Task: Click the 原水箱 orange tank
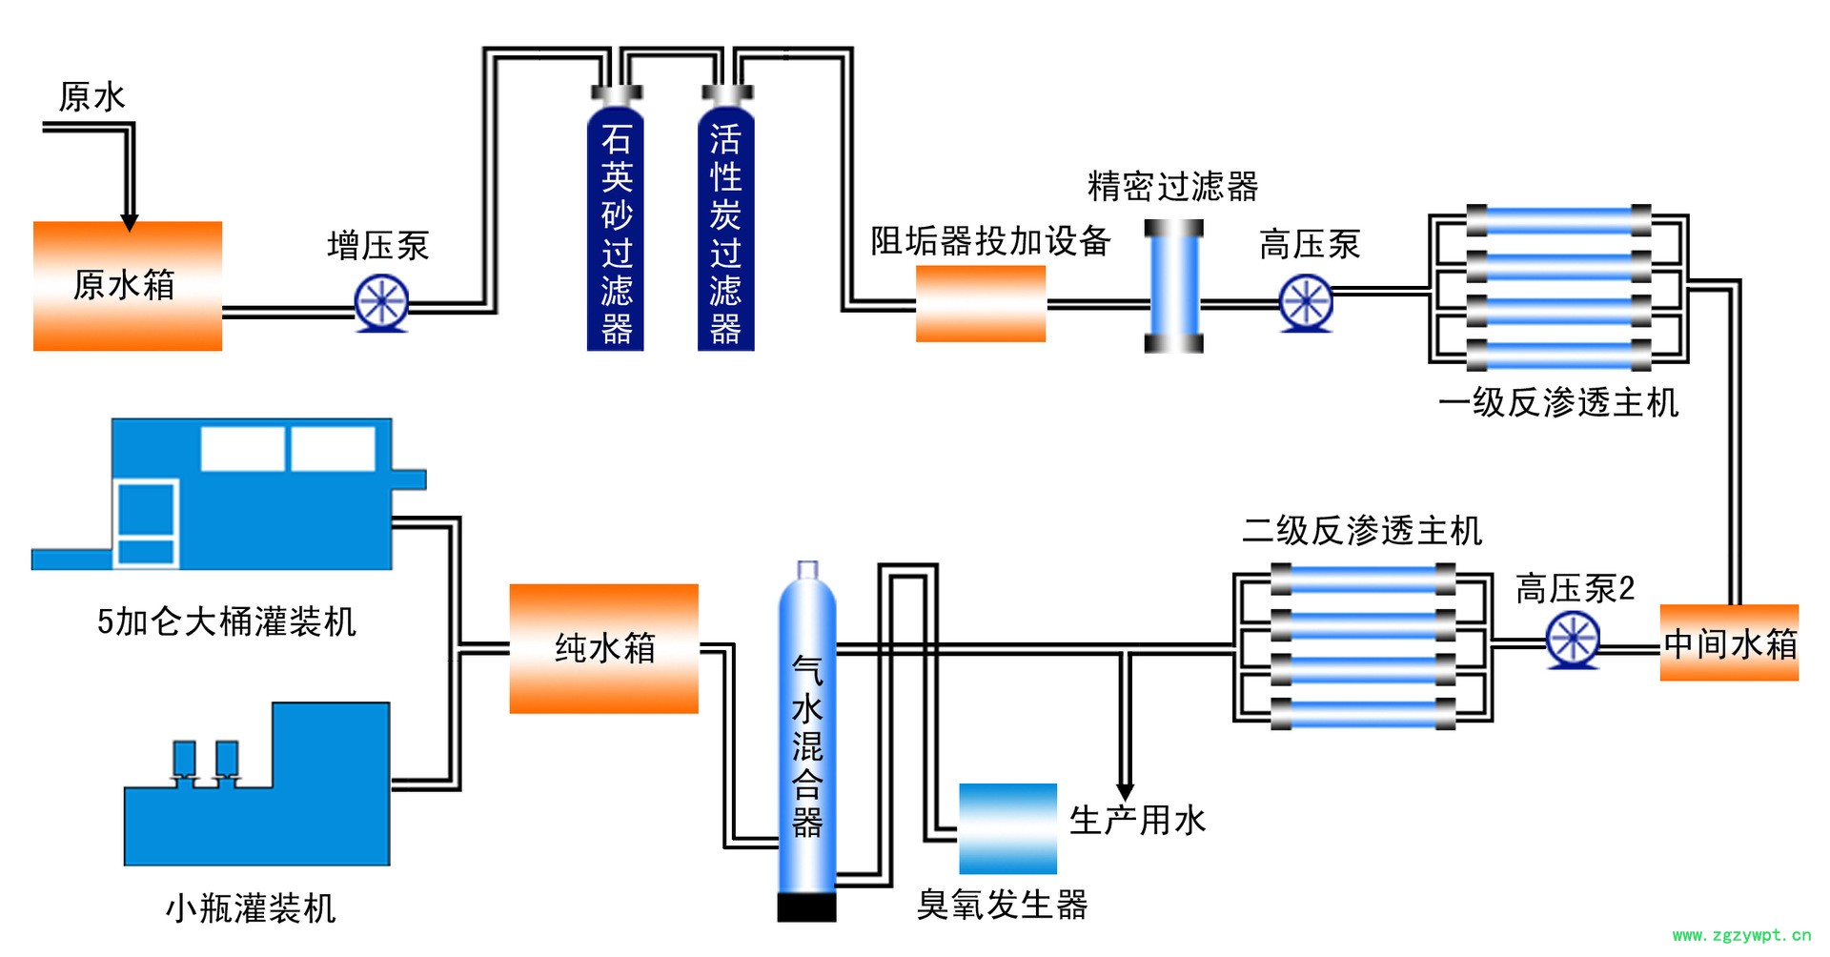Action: point(127,286)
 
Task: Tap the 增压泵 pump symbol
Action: point(381,303)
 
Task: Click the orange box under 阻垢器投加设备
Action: point(980,303)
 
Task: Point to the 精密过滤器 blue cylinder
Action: point(1173,286)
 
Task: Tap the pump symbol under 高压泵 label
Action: point(1305,303)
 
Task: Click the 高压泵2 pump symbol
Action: point(1572,641)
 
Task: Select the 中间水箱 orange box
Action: point(1728,642)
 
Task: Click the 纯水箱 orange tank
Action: point(603,648)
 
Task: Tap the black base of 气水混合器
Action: point(806,906)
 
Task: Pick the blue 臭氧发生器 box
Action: point(1007,828)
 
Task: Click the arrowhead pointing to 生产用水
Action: point(1125,792)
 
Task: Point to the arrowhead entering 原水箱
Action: point(130,222)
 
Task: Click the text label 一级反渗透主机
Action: point(1557,403)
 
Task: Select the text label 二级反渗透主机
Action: point(1362,531)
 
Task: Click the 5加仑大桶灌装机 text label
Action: point(227,621)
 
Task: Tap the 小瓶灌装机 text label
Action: point(251,907)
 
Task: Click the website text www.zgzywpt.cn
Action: point(1741,935)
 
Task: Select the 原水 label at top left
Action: point(91,96)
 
